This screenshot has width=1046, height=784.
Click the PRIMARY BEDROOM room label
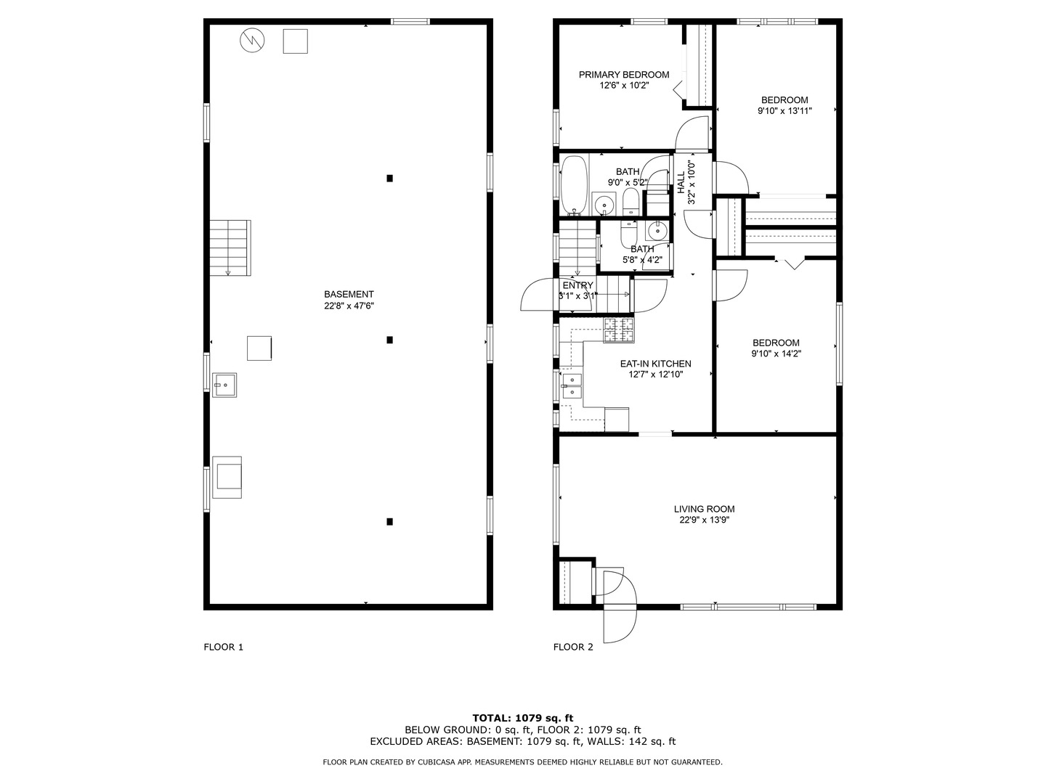click(x=623, y=75)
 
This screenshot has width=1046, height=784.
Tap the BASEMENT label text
click(x=349, y=294)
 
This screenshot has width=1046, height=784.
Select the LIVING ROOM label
click(x=704, y=509)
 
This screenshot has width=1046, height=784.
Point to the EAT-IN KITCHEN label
click(x=655, y=364)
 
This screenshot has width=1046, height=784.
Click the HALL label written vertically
click(x=681, y=182)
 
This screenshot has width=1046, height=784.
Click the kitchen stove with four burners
click(x=619, y=330)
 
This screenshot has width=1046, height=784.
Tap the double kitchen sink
click(x=571, y=385)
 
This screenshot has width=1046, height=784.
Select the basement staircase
click(x=230, y=248)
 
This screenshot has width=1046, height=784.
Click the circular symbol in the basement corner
click(x=252, y=41)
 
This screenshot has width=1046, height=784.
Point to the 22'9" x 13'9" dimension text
click(x=704, y=520)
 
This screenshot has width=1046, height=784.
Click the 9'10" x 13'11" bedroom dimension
click(x=784, y=111)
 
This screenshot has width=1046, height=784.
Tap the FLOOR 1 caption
click(x=224, y=647)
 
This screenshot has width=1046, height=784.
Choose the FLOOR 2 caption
click(x=573, y=647)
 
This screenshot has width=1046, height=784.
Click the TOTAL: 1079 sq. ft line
click(x=523, y=718)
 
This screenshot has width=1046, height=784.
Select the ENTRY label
click(x=577, y=285)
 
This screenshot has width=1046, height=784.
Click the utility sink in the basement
click(x=224, y=385)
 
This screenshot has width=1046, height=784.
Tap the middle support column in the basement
click(x=389, y=340)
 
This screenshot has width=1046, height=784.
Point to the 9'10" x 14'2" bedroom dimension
click(x=776, y=354)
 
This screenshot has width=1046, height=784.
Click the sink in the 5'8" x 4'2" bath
click(x=657, y=231)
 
